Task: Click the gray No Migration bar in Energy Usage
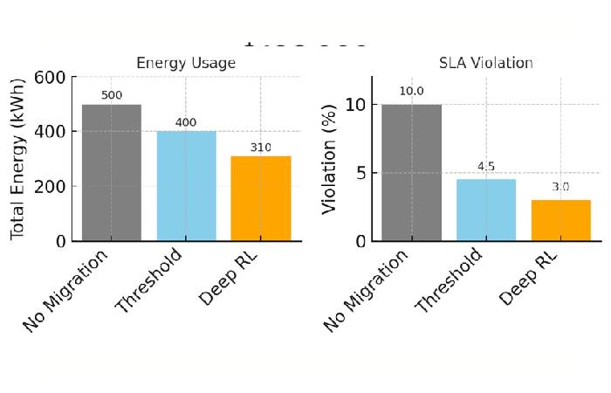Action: pyautogui.click(x=112, y=173)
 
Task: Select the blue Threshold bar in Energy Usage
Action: pyautogui.click(x=186, y=186)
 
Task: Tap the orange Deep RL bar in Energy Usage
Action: pyautogui.click(x=260, y=198)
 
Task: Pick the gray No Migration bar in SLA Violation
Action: pyautogui.click(x=411, y=173)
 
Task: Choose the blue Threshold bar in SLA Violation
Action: pyautogui.click(x=486, y=210)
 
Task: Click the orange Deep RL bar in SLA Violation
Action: pyautogui.click(x=560, y=220)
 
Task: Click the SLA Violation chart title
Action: pyautogui.click(x=485, y=63)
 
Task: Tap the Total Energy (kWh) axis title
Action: pyautogui.click(x=18, y=158)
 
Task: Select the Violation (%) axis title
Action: pyautogui.click(x=330, y=158)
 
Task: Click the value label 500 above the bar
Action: pyautogui.click(x=112, y=94)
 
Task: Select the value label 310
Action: pyautogui.click(x=260, y=147)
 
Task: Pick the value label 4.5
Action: pyautogui.click(x=486, y=166)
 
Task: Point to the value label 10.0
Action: pyautogui.click(x=411, y=91)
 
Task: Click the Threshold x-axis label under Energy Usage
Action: pyautogui.click(x=150, y=280)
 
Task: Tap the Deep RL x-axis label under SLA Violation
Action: pyautogui.click(x=529, y=278)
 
